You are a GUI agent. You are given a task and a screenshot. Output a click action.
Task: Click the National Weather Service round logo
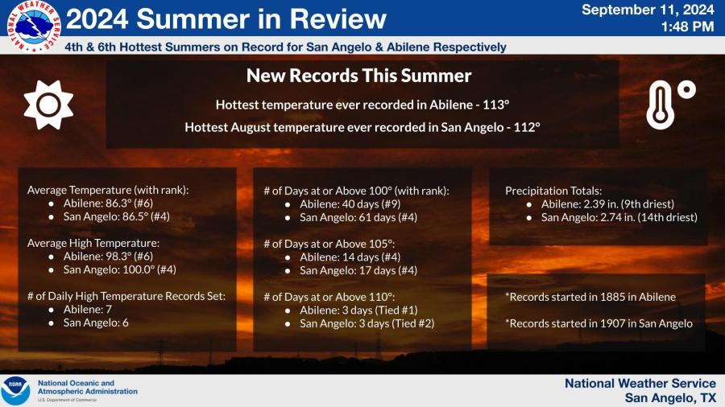point(34,26)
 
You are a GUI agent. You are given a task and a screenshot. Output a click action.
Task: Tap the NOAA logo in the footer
point(15,390)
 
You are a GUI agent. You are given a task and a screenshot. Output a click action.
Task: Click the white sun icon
point(48,105)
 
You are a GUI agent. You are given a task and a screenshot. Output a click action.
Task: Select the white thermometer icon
point(670,105)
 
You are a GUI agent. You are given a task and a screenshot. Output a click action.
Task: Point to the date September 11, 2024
point(648,10)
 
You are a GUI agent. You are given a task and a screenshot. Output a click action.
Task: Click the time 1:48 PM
point(687,27)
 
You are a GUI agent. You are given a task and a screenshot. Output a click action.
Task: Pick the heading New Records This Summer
point(358,76)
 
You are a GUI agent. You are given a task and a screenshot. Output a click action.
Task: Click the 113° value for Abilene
point(495,105)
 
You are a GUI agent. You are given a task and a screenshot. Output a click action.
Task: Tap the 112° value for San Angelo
point(527,127)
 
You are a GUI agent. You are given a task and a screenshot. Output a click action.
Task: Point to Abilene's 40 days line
point(350,204)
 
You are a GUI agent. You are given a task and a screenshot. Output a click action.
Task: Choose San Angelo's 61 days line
point(358,217)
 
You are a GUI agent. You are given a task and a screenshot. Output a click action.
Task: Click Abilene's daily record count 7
point(109,309)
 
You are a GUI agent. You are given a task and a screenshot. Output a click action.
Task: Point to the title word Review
point(338,19)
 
